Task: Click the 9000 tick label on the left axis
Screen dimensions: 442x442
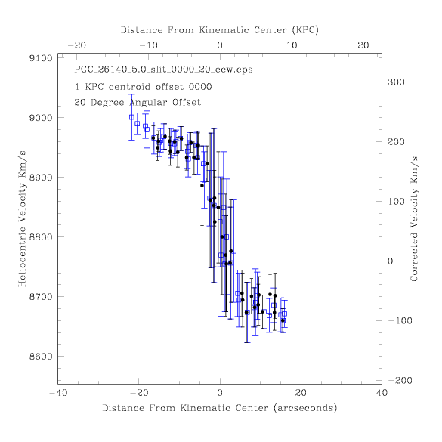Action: [x=41, y=118]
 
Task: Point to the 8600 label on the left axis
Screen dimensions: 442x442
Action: [x=41, y=357]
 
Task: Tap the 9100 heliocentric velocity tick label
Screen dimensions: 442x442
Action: [x=41, y=58]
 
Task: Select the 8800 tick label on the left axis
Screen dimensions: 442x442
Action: [x=41, y=237]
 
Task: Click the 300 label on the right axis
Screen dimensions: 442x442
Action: [x=396, y=82]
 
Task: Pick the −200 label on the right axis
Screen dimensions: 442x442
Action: [x=400, y=381]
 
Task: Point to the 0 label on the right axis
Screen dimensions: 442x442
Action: [x=390, y=261]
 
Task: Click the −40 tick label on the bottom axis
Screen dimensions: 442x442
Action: [x=58, y=393]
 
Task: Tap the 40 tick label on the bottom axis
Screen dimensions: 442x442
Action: [x=382, y=393]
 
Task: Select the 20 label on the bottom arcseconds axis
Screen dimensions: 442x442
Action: [x=301, y=393]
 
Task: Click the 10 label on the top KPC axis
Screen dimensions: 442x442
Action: [x=292, y=45]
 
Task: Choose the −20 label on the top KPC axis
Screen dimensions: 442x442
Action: [x=76, y=45]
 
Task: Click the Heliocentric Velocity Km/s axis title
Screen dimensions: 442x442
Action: [x=22, y=219]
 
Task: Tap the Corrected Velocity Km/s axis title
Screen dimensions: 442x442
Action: [x=414, y=219]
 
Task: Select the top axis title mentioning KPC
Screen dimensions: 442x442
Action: [x=220, y=30]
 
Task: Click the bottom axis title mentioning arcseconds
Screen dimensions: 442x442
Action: [x=220, y=408]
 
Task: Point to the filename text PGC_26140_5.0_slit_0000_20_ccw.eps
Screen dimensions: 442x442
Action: [x=163, y=70]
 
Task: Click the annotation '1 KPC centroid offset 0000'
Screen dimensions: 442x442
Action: [x=144, y=87]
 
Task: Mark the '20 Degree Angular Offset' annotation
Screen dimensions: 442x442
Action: [x=138, y=102]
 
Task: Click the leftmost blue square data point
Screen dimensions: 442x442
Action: [x=131, y=117]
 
